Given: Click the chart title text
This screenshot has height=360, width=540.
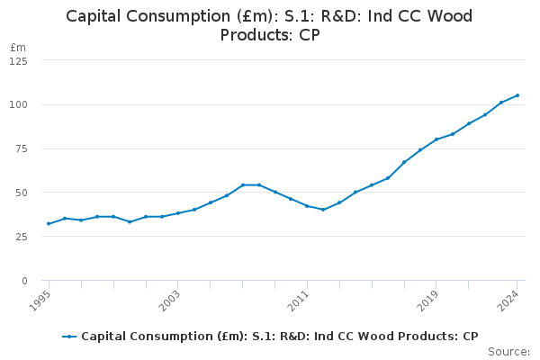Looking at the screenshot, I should coord(269,25).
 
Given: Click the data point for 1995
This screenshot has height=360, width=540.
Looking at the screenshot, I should coord(49,224).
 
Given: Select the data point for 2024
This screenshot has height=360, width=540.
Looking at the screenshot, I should coord(517,95).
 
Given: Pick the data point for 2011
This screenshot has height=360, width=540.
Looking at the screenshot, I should coord(307,206).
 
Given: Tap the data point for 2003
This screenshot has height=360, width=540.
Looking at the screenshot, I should coord(178,213).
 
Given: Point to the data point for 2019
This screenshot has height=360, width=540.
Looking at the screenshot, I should coord(436,139).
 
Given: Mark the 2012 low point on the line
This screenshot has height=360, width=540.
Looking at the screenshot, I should coord(323,210).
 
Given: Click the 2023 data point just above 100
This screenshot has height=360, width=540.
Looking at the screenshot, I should coord(501,103).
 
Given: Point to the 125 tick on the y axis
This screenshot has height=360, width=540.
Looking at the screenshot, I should coord(18,61).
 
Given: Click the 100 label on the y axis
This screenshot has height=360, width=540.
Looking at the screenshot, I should coord(18,105).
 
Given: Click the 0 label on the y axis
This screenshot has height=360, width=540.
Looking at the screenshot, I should coord(24,282).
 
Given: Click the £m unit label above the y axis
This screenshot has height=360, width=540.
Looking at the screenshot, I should coord(18,47).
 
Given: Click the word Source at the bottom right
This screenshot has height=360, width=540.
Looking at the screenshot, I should coord(508,352).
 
